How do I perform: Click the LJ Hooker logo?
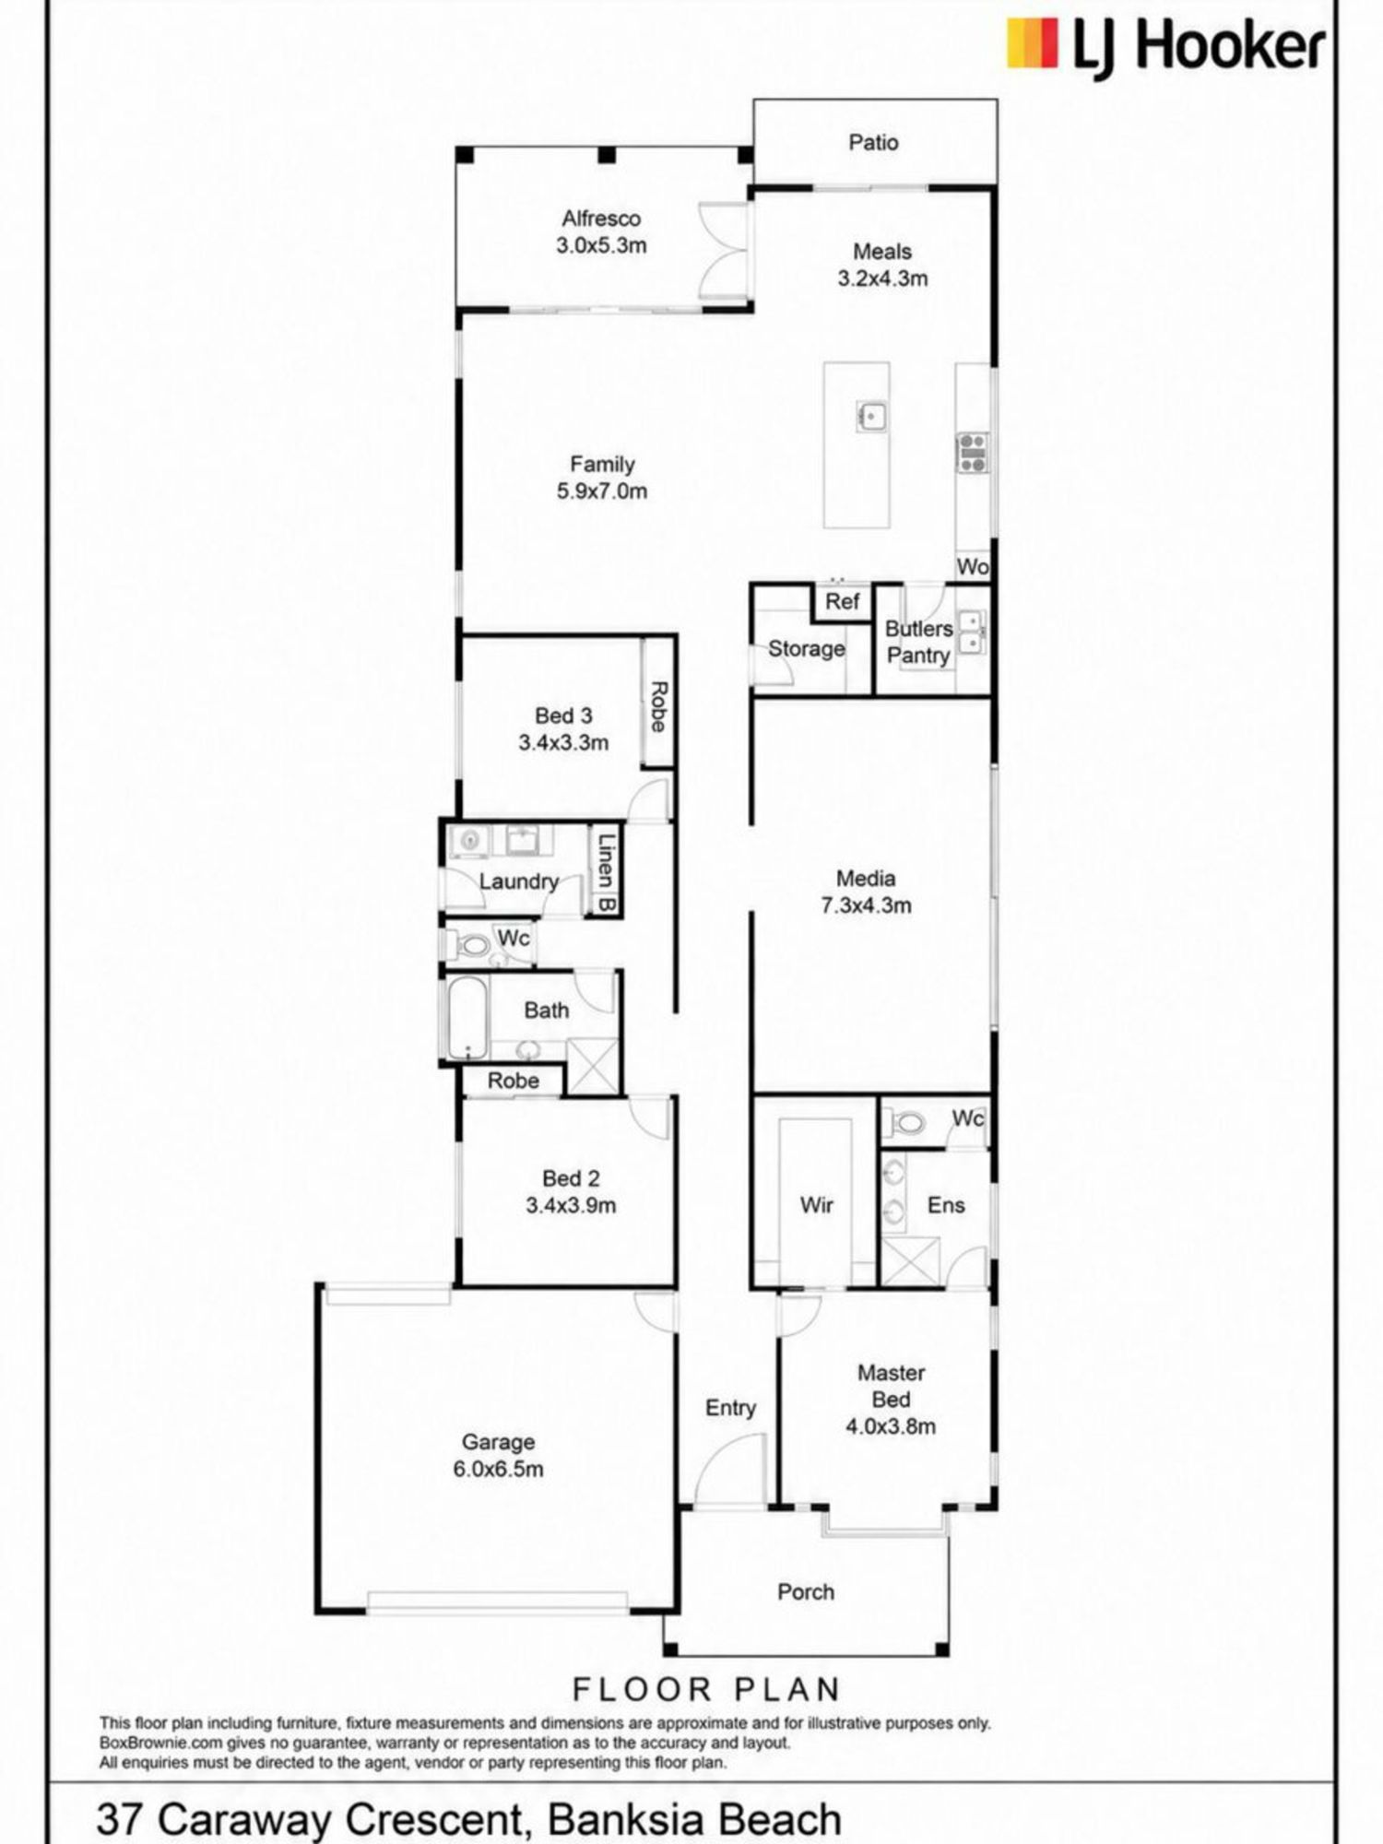[1165, 45]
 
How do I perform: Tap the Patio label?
[873, 143]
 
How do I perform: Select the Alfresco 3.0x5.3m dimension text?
[601, 246]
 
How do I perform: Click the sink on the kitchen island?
[871, 416]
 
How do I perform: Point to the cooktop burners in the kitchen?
[972, 453]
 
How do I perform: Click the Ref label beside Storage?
[842, 602]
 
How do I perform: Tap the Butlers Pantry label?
[918, 643]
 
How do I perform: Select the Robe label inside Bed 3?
[657, 706]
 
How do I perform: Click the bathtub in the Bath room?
[467, 1017]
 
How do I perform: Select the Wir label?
[817, 1205]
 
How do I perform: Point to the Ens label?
[946, 1205]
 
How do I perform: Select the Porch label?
[806, 1592]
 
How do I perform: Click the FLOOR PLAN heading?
[706, 1690]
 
